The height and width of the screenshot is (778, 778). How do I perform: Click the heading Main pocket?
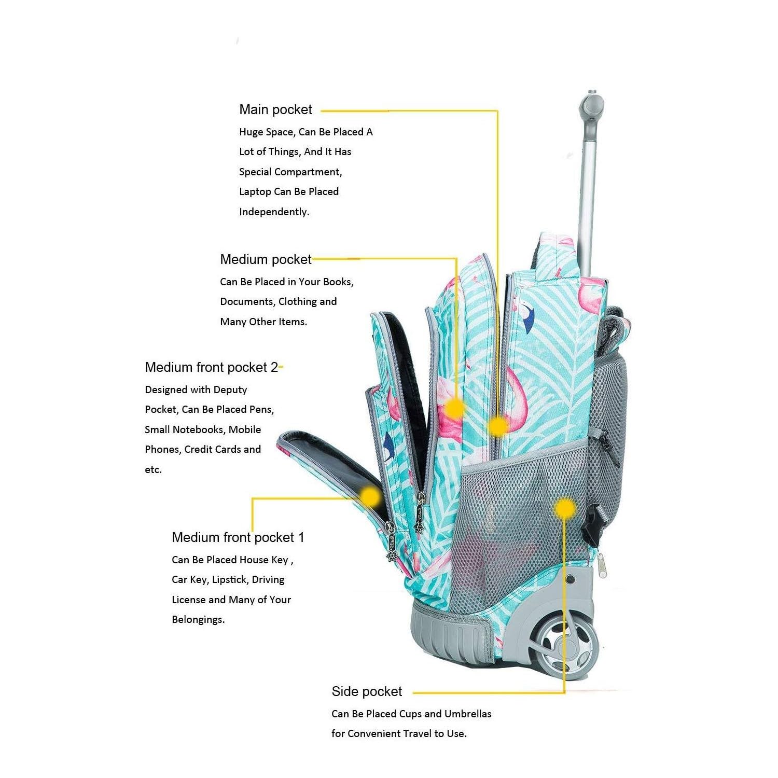coord(275,110)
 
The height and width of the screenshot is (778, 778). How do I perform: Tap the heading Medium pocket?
coord(266,259)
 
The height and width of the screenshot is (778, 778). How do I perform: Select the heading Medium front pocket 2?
coord(212,367)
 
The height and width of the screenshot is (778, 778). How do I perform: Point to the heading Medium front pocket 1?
coord(238,537)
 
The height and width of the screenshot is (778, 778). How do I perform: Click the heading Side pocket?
coord(367,691)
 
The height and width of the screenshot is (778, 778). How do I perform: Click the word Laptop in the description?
coord(255,192)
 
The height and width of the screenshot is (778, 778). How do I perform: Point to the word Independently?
coord(274,212)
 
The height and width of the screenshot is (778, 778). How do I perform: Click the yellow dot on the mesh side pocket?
coord(564,508)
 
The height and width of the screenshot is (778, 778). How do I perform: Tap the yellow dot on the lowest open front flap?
coord(370,496)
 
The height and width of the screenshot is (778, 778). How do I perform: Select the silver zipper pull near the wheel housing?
coord(601,565)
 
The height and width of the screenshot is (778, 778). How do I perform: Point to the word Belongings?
coord(198,620)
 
